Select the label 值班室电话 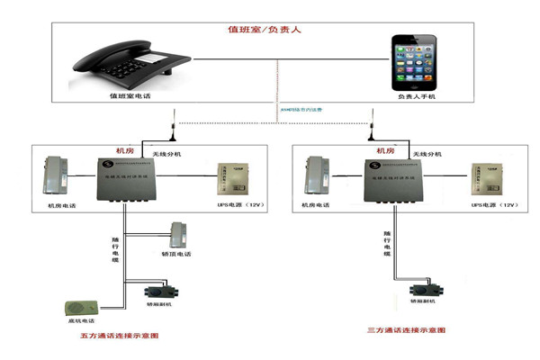[x=132, y=94]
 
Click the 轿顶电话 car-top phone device [x=178, y=237]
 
